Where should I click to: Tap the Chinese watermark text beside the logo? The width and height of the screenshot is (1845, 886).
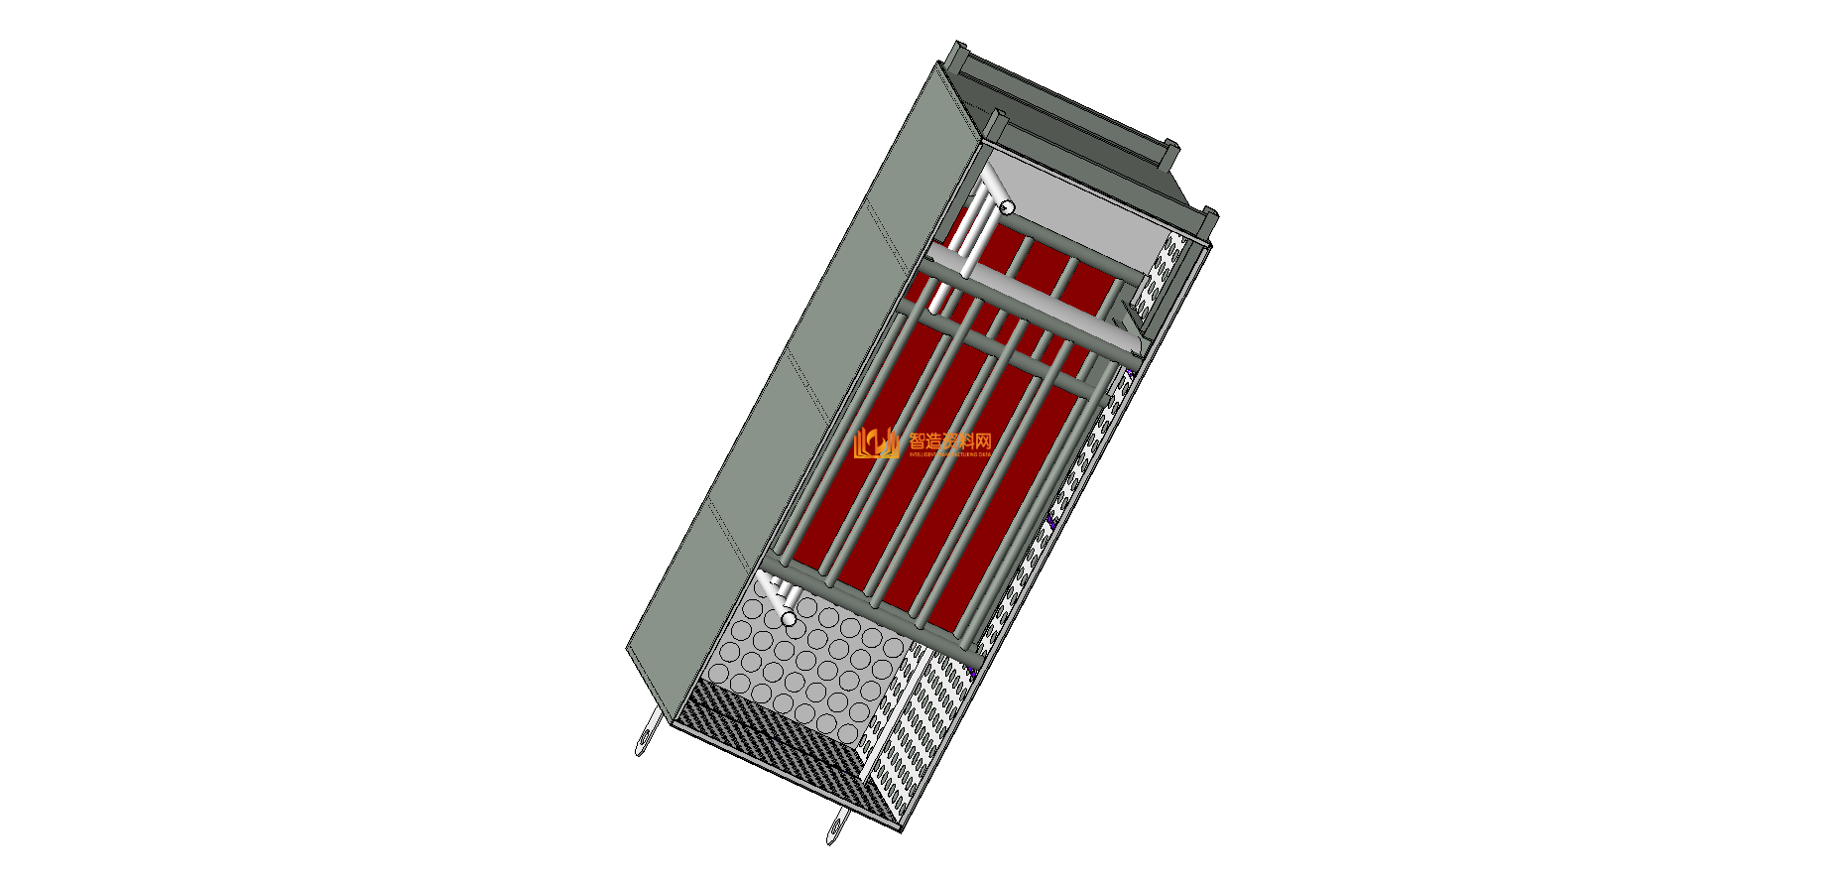(949, 441)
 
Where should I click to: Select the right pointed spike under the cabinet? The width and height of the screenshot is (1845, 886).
(836, 825)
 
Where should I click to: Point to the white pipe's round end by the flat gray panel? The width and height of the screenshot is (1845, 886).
(1006, 207)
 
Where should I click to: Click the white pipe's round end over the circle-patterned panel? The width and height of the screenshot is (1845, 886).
(789, 619)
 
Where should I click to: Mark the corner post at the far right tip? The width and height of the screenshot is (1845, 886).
(1211, 215)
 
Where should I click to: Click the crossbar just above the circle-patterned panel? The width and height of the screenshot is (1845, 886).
(873, 610)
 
